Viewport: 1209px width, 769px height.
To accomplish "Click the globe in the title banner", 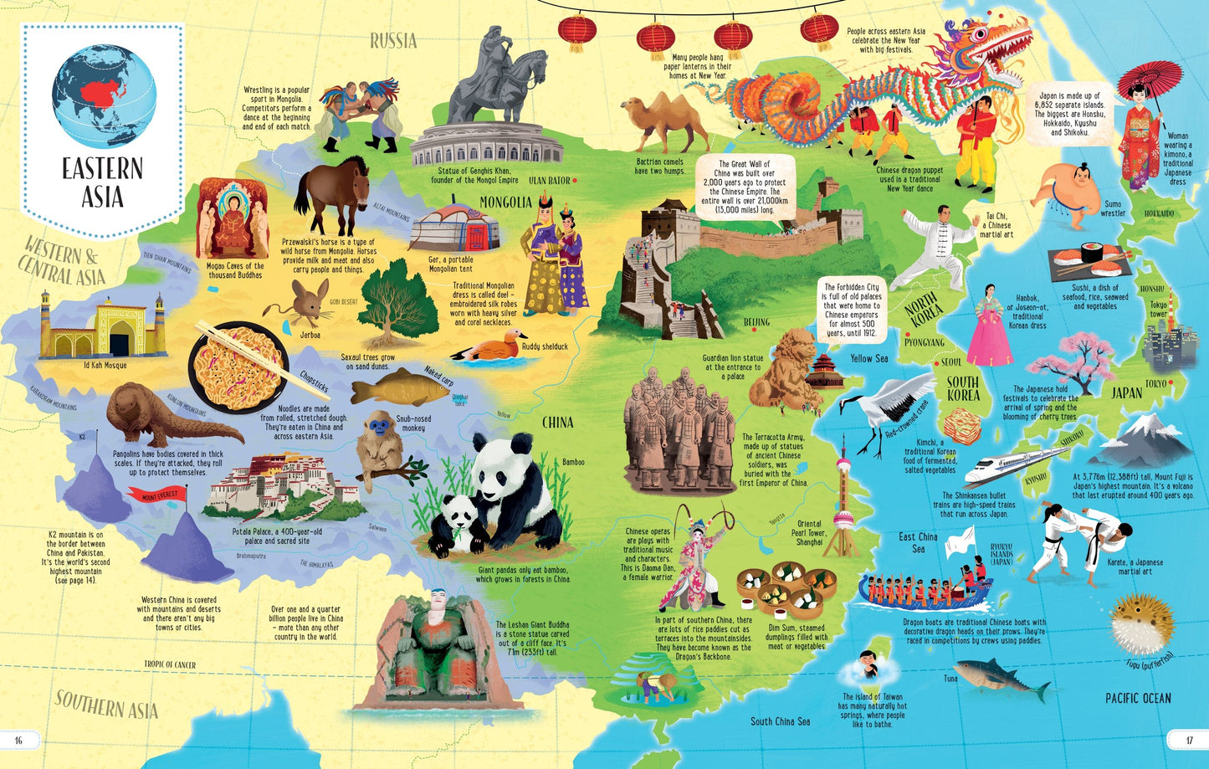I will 104,88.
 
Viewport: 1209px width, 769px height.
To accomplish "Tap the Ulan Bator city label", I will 549,180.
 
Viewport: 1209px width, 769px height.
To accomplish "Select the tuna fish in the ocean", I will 1002,677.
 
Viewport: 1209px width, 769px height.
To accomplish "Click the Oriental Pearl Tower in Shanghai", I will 842,502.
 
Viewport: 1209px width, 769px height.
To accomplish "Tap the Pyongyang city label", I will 924,342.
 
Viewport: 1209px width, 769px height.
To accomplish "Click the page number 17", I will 1188,739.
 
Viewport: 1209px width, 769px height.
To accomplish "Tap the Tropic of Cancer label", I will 170,664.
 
